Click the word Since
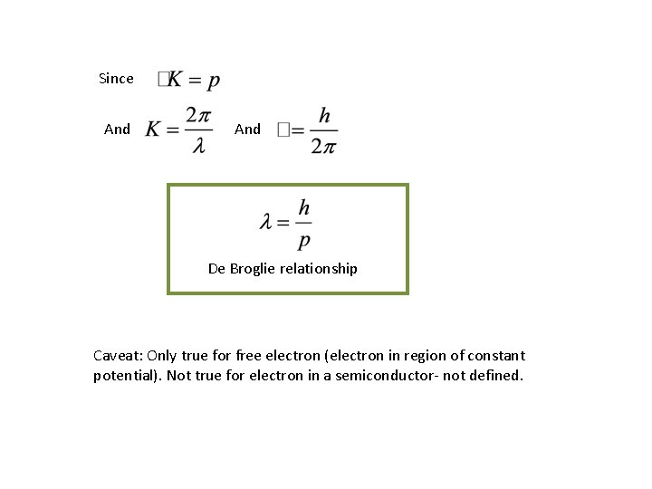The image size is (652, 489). pyautogui.click(x=116, y=79)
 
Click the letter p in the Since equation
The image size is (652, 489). pyautogui.click(x=214, y=82)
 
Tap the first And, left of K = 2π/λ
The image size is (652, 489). pyautogui.click(x=117, y=129)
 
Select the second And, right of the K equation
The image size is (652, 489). pyautogui.click(x=247, y=129)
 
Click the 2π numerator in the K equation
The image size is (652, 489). pyautogui.click(x=198, y=115)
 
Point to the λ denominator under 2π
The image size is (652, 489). pyautogui.click(x=198, y=146)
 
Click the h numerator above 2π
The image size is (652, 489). pyautogui.click(x=324, y=115)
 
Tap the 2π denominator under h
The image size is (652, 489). pyautogui.click(x=323, y=146)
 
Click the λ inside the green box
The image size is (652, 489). pyautogui.click(x=266, y=222)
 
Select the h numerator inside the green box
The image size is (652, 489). pyautogui.click(x=304, y=207)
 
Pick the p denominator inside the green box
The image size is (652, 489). pyautogui.click(x=304, y=240)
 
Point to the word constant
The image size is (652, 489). pyautogui.click(x=496, y=356)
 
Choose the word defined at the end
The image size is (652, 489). pyautogui.click(x=494, y=376)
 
